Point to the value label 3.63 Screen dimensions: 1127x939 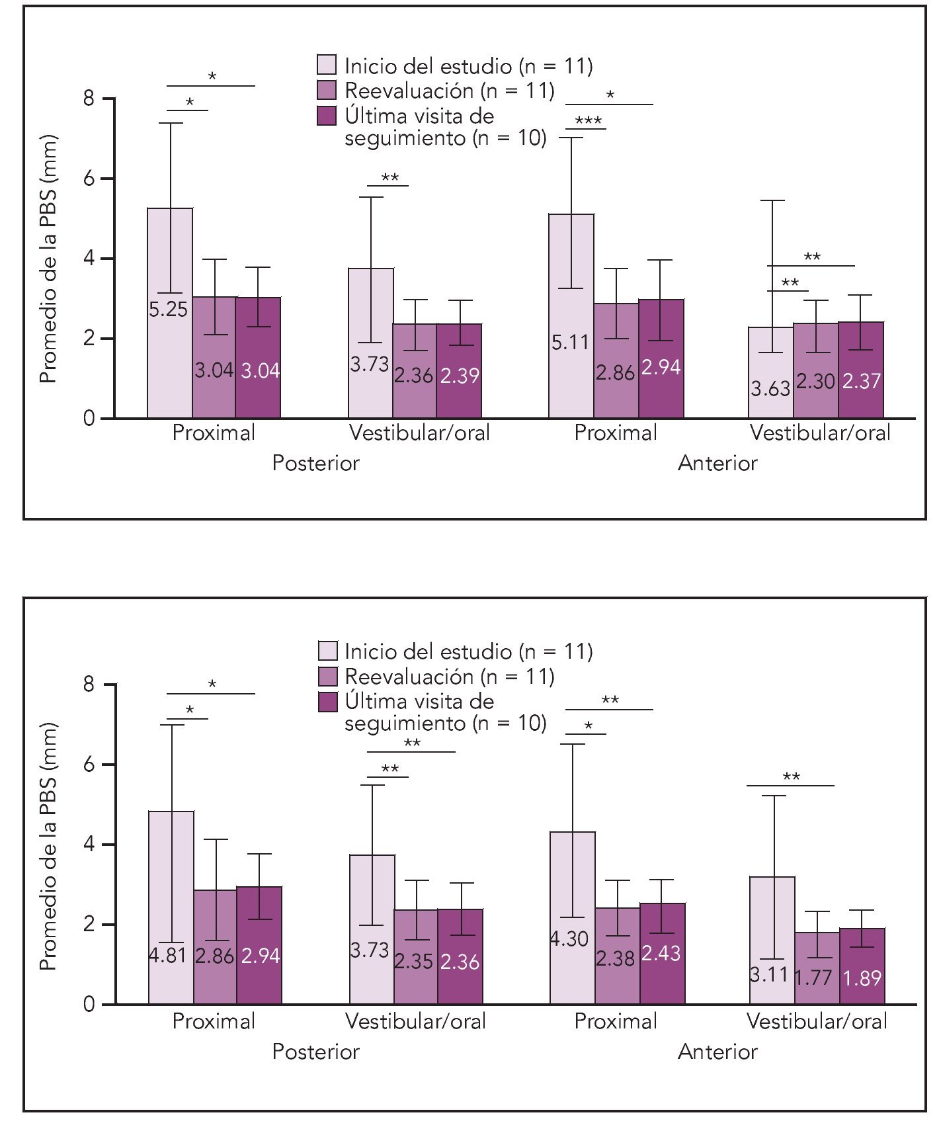click(770, 388)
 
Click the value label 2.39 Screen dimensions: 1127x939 click(460, 376)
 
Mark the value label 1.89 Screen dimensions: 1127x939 click(862, 978)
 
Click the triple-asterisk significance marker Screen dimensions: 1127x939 click(588, 121)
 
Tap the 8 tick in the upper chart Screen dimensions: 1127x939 click(89, 99)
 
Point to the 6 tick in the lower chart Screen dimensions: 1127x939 click(89, 765)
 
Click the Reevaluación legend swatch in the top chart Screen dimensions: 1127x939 click(327, 91)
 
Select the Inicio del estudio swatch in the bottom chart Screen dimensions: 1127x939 click(328, 651)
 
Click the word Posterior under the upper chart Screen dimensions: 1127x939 click(315, 463)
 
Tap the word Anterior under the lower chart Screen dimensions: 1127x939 click(717, 1052)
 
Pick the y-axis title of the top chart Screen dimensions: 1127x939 click(48, 259)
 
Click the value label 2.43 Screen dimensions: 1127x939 click(661, 953)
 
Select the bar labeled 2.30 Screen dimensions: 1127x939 click(816, 370)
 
